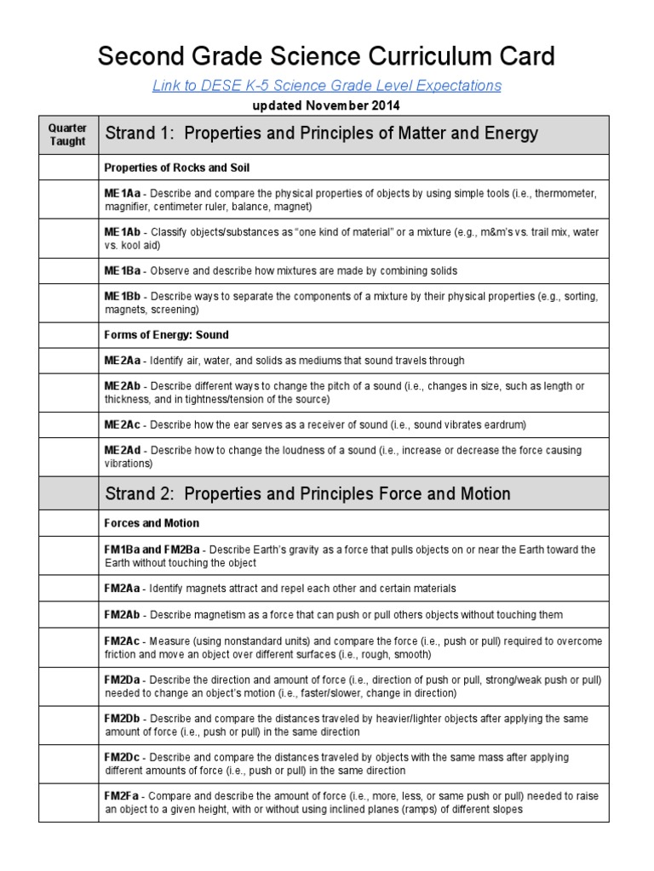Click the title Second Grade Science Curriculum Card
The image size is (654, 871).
click(x=326, y=57)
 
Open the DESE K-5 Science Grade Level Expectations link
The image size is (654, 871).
click(x=326, y=86)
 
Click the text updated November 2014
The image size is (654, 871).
click(x=326, y=106)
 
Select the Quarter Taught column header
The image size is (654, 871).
click(x=68, y=135)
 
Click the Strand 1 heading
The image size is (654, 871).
click(x=321, y=134)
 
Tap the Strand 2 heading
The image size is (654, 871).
click(x=307, y=493)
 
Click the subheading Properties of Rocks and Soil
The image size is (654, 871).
click(x=176, y=168)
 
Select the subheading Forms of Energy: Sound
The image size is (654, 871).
click(x=166, y=334)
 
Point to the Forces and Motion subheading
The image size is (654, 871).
click(x=152, y=523)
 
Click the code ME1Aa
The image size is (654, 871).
click(x=123, y=193)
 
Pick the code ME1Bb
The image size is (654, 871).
click(x=123, y=296)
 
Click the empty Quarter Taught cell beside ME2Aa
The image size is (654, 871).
click(x=68, y=361)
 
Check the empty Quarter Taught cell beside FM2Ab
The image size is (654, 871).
click(x=68, y=614)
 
